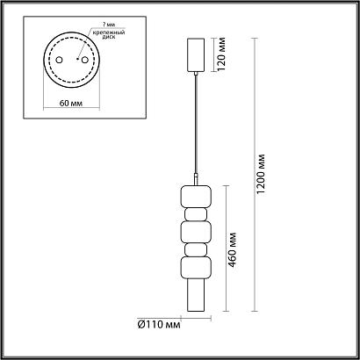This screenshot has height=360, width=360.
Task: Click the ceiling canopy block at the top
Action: [195, 54]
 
